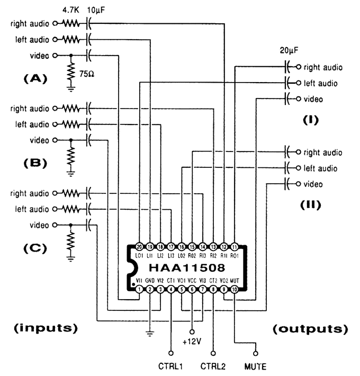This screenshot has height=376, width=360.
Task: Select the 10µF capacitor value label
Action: click(x=92, y=11)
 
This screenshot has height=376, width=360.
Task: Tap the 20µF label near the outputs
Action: click(x=289, y=53)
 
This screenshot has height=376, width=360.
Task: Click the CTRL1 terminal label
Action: click(x=170, y=365)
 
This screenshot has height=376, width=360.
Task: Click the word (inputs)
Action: click(x=44, y=328)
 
